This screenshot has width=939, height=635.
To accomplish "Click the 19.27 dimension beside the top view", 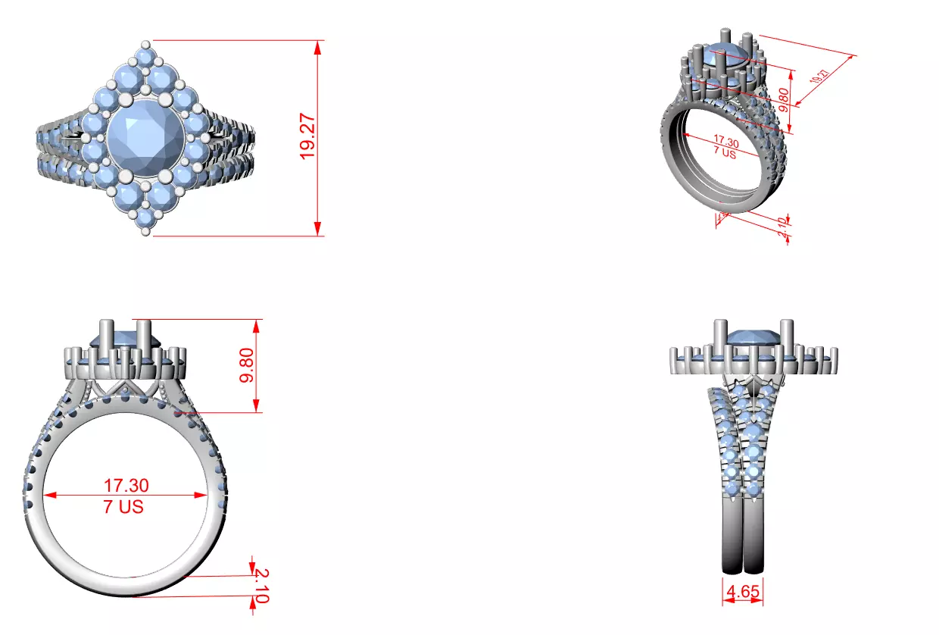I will [307, 137].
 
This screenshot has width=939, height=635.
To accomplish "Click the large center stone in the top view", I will [144, 136].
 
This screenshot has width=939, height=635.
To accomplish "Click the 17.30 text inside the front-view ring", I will [126, 485].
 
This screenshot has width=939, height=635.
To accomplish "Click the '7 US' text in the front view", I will [123, 507].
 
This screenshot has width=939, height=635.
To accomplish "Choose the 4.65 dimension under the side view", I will [743, 591].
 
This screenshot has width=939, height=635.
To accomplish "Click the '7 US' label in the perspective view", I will [725, 152].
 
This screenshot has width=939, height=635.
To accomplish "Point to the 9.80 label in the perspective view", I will [783, 99].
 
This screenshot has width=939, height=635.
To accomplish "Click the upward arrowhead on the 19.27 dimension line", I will [318, 45].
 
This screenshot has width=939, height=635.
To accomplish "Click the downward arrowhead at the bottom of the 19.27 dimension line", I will [318, 229].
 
